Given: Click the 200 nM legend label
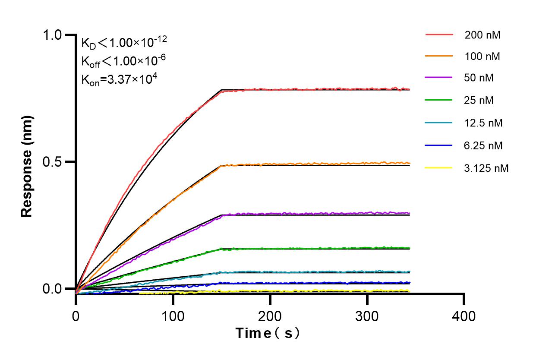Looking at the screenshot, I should click(x=482, y=35).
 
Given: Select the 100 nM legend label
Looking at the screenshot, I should click(x=482, y=57).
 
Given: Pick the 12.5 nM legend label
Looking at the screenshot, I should click(x=483, y=123).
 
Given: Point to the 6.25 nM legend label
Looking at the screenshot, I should click(x=483, y=145).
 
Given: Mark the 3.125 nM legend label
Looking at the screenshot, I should click(x=486, y=168).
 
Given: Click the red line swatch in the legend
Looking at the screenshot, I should click(x=439, y=35).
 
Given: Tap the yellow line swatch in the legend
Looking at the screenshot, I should click(x=439, y=167).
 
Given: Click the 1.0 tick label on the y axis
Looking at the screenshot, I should click(x=53, y=35).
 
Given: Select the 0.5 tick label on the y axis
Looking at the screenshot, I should click(x=53, y=162).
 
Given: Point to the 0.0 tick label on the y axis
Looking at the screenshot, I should click(x=53, y=289).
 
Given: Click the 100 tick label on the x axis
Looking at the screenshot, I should click(x=173, y=316).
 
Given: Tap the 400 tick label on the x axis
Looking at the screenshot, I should click(x=464, y=316).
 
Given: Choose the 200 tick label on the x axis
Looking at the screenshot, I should click(x=270, y=316).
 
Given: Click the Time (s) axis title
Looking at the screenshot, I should click(x=268, y=333).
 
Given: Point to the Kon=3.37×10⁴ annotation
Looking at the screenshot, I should click(x=116, y=79).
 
